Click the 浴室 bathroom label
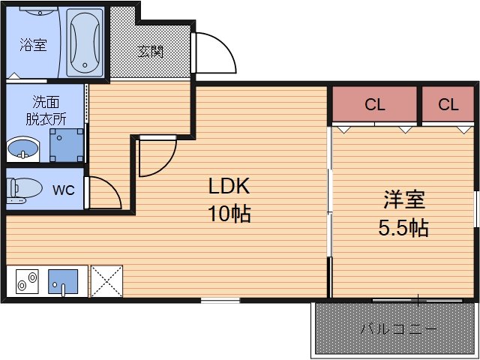click(32, 46)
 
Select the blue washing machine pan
click(67, 145)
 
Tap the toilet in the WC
click(22, 189)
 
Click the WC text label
click(63, 190)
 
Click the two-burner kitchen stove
click(27, 282)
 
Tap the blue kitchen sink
click(62, 282)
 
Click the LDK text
click(228, 187)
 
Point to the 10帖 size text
click(229, 214)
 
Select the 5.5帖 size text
click(403, 227)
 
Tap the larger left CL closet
click(374, 105)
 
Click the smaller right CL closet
click(448, 105)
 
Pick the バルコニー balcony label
click(397, 328)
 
